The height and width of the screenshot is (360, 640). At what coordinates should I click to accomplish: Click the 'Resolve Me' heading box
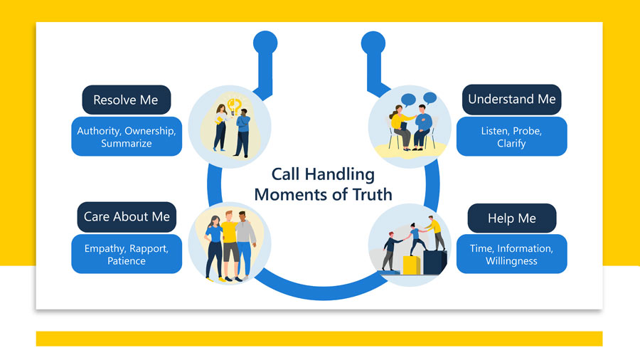click(x=126, y=100)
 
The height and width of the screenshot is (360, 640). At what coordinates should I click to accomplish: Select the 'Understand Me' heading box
click(x=511, y=100)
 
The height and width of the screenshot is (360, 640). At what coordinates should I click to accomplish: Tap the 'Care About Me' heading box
click(x=127, y=217)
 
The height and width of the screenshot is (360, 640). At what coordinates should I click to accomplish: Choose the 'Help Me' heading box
click(x=511, y=218)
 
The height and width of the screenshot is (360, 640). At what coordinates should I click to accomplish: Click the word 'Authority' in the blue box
click(x=98, y=131)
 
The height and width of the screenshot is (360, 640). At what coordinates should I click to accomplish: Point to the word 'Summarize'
click(x=126, y=144)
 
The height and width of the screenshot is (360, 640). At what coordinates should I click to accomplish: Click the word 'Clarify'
click(x=511, y=144)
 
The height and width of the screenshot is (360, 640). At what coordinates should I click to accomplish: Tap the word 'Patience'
click(x=126, y=261)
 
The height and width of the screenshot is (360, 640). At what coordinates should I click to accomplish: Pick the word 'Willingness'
click(x=511, y=261)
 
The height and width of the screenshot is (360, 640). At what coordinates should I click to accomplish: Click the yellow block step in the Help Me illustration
click(x=411, y=265)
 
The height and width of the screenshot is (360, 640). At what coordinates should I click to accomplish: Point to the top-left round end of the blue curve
click(x=265, y=42)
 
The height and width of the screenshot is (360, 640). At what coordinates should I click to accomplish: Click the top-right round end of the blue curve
click(x=373, y=42)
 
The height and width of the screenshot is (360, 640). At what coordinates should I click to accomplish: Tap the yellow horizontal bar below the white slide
click(x=319, y=339)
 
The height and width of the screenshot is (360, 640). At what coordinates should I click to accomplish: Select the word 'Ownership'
click(x=150, y=131)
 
